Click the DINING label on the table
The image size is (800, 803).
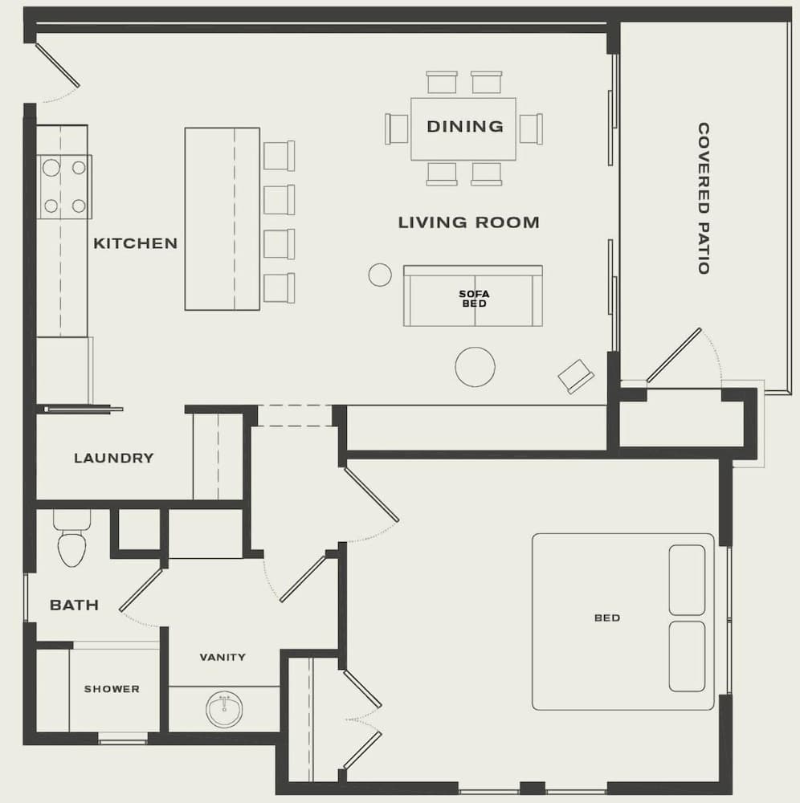pos(464,126)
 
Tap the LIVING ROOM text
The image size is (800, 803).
pos(468,222)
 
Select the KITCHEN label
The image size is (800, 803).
pos(135,243)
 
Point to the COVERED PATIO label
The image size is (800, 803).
pos(703,198)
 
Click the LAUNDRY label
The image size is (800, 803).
pos(113,459)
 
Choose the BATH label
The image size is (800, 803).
pos(74,605)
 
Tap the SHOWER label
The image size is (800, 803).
pos(112,689)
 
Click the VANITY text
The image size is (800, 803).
pos(222,657)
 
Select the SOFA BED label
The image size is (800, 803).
pos(473,299)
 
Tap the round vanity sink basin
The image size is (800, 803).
pos(223,709)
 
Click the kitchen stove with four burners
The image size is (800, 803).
pos(64,186)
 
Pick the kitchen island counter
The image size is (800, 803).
pos(222,218)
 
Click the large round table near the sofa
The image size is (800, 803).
pos(475,367)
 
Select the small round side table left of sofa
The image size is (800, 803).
pos(380,275)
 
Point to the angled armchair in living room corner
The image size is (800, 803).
pos(576,376)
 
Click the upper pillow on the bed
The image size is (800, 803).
pos(687,580)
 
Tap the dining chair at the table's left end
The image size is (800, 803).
pos(397,128)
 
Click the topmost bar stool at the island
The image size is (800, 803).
pos(279,156)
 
